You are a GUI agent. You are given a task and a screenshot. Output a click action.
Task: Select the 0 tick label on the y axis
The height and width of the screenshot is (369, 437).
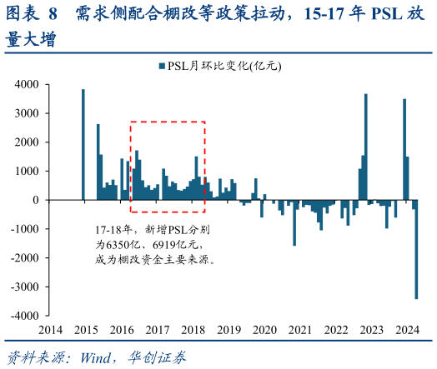pyautogui.click(x=35, y=200)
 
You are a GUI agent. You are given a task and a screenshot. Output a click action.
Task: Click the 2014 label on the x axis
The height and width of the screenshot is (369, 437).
pyautogui.click(x=48, y=331)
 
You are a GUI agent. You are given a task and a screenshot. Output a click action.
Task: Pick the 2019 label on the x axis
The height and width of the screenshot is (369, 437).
pyautogui.click(x=229, y=331)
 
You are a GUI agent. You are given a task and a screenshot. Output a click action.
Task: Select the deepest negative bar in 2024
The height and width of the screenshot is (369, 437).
pyautogui.click(x=416, y=249)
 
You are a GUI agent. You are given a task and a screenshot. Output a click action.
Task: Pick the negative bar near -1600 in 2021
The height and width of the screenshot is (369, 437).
pyautogui.click(x=294, y=222)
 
